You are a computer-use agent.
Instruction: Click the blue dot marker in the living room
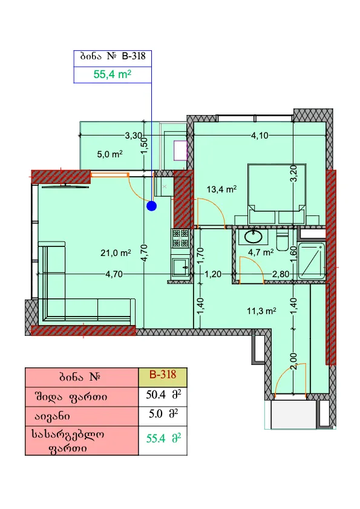click(152, 206)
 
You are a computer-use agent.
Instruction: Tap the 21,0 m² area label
click(116, 252)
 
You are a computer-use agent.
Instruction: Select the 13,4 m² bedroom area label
click(221, 189)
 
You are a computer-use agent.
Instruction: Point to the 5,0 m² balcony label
click(110, 154)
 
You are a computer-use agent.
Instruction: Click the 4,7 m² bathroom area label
click(261, 252)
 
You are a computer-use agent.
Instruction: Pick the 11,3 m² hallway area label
click(261, 311)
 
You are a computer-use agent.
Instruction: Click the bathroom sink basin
click(254, 237)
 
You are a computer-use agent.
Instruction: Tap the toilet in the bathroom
click(282, 240)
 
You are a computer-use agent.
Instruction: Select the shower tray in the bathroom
click(312, 261)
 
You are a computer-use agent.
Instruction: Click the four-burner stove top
click(180, 238)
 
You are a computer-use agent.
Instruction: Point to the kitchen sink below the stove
click(180, 267)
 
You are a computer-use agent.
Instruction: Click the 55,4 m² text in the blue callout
click(113, 74)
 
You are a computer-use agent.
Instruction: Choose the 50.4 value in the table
click(156, 395)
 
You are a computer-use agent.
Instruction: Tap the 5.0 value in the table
click(155, 414)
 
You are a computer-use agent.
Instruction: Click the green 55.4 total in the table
click(156, 438)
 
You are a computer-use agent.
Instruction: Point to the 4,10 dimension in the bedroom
click(260, 136)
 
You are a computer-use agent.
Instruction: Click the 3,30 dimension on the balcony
click(134, 136)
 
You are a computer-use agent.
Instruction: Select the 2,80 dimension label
click(281, 274)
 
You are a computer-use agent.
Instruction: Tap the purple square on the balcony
click(180, 150)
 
